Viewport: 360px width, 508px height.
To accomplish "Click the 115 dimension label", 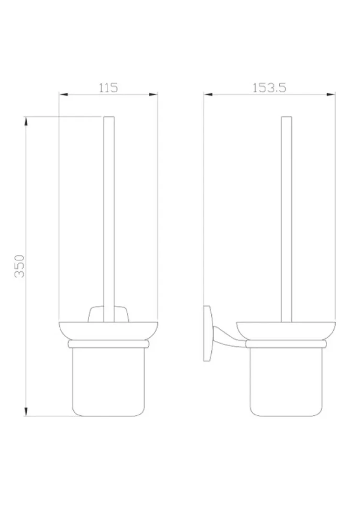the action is pyautogui.click(x=108, y=88).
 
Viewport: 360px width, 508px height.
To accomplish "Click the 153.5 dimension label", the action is pyautogui.click(x=269, y=88).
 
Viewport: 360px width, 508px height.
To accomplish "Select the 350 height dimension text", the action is pyautogui.click(x=20, y=266).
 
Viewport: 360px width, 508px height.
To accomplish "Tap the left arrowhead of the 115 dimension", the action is pyautogui.click(x=63, y=95).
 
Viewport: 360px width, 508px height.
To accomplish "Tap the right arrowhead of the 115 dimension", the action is pyautogui.click(x=153, y=95).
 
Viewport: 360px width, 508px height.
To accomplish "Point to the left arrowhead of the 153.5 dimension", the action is pyautogui.click(x=208, y=95).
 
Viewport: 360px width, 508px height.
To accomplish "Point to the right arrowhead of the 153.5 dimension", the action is pyautogui.click(x=331, y=95).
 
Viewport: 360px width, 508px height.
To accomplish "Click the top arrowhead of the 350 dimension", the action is pyautogui.click(x=26, y=121).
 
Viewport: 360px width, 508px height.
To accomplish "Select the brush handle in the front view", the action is pyautogui.click(x=109, y=219).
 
